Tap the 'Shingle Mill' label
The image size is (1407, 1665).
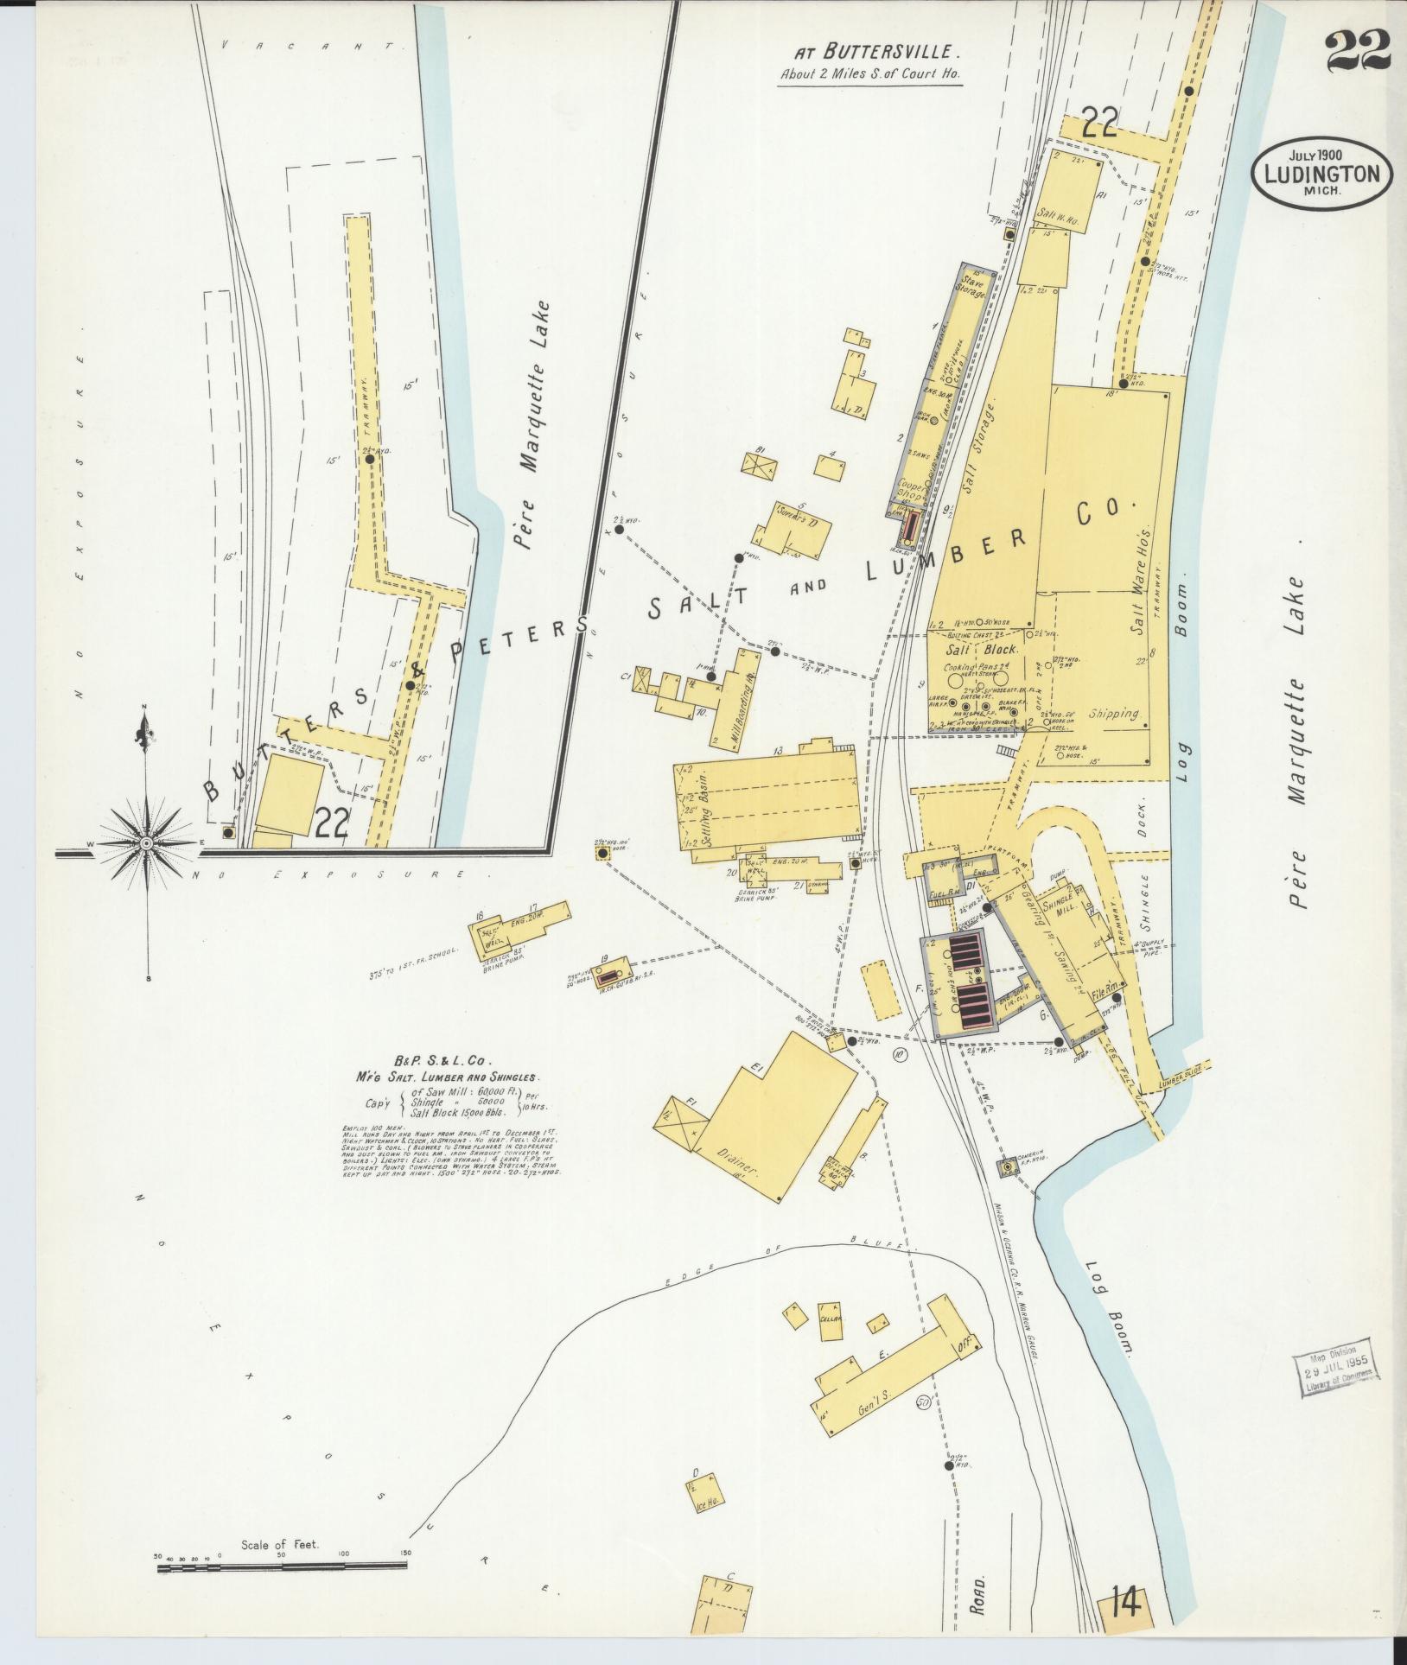(x=1058, y=908)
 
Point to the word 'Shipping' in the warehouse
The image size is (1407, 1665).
(x=1113, y=715)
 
